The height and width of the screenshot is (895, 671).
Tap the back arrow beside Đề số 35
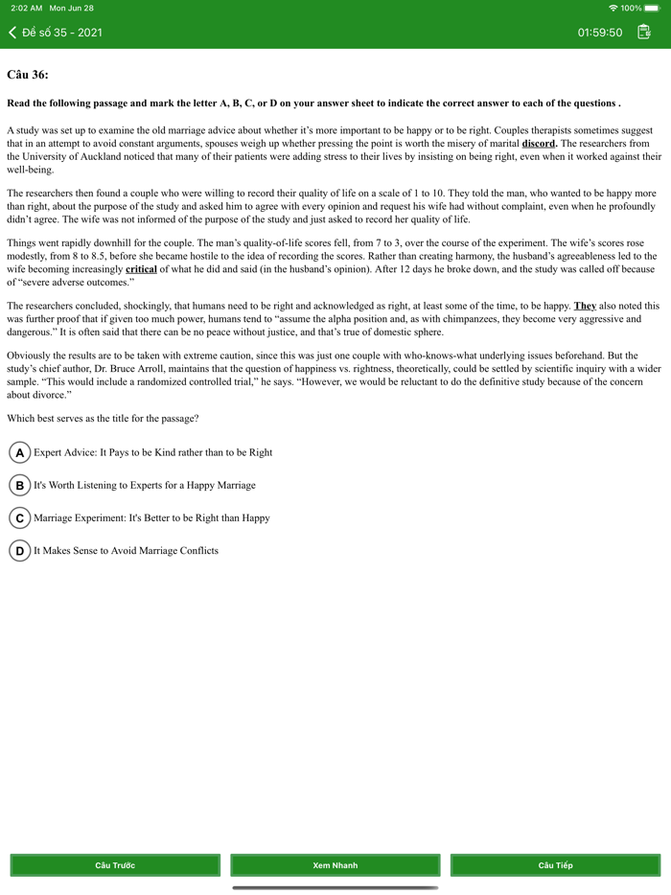12,33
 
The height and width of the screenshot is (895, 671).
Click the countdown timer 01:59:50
599,33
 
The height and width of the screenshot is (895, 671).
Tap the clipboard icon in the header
644,32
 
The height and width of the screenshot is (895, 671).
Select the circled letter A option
19,452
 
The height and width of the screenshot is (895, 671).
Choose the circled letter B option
19,485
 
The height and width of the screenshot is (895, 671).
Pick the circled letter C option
19,517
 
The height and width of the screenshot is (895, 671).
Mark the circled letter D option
19,550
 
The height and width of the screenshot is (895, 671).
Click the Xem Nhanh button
335,865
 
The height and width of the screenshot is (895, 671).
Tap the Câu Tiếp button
555,865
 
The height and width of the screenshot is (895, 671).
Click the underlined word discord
539,143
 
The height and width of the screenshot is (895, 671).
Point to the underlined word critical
141,269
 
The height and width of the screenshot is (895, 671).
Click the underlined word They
585,306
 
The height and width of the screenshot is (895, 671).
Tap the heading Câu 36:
27,74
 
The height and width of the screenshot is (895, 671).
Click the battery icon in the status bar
653,8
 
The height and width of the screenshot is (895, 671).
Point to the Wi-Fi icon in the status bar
613,8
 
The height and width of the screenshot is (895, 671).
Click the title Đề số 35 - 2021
62,33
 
